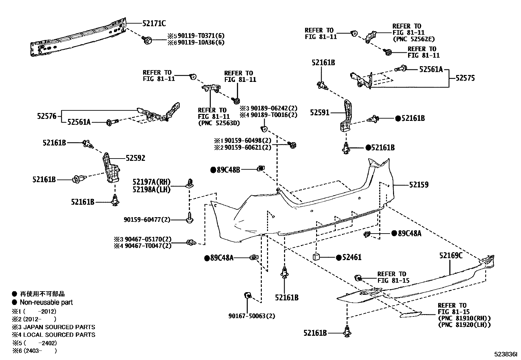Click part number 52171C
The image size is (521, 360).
pyautogui.click(x=154, y=23)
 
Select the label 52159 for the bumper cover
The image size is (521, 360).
pyautogui.click(x=419, y=185)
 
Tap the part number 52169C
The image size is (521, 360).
pyautogui.click(x=451, y=256)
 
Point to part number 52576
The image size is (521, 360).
pyautogui.click(x=46, y=116)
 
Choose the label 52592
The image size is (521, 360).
pyautogui.click(x=135, y=158)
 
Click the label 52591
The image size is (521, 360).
pyautogui.click(x=320, y=113)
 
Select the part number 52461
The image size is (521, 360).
pyautogui.click(x=352, y=257)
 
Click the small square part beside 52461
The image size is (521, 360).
pyautogui.click(x=316, y=256)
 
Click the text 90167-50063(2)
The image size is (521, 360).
pyautogui.click(x=252, y=316)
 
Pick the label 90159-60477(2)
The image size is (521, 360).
pyautogui.click(x=147, y=219)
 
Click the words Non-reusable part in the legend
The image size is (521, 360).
pyautogui.click(x=46, y=302)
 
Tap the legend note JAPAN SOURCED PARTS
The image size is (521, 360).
pyautogui.click(x=59, y=327)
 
